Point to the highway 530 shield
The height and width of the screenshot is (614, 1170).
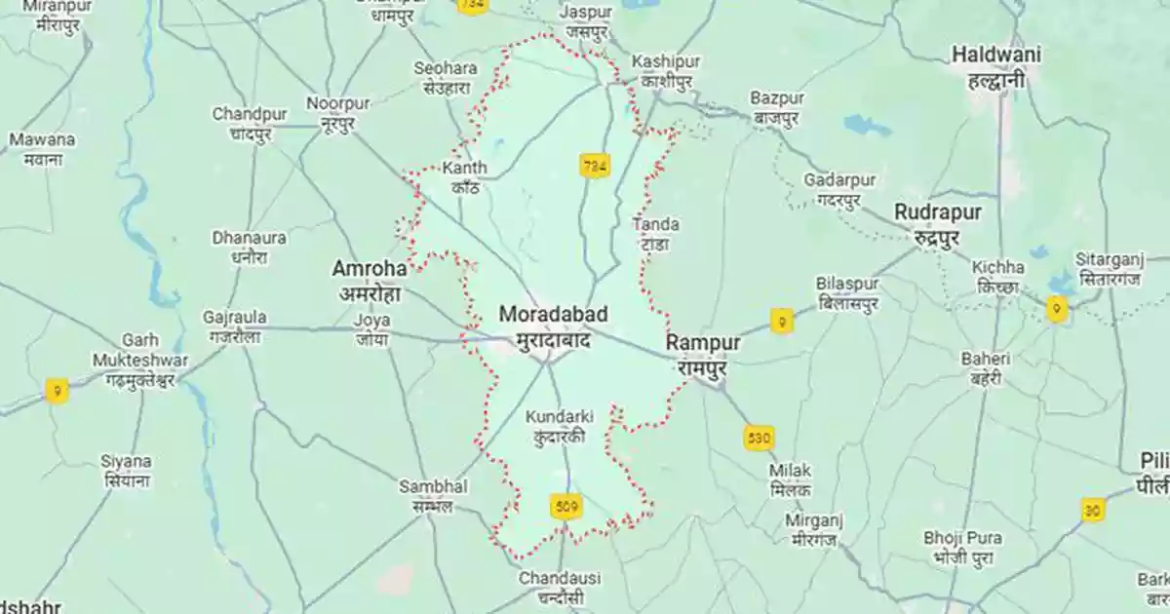click(759, 438)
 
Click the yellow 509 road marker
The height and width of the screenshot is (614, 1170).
click(565, 506)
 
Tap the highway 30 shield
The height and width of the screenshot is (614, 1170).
click(1092, 510)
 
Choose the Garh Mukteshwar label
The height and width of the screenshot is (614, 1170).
click(140, 360)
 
